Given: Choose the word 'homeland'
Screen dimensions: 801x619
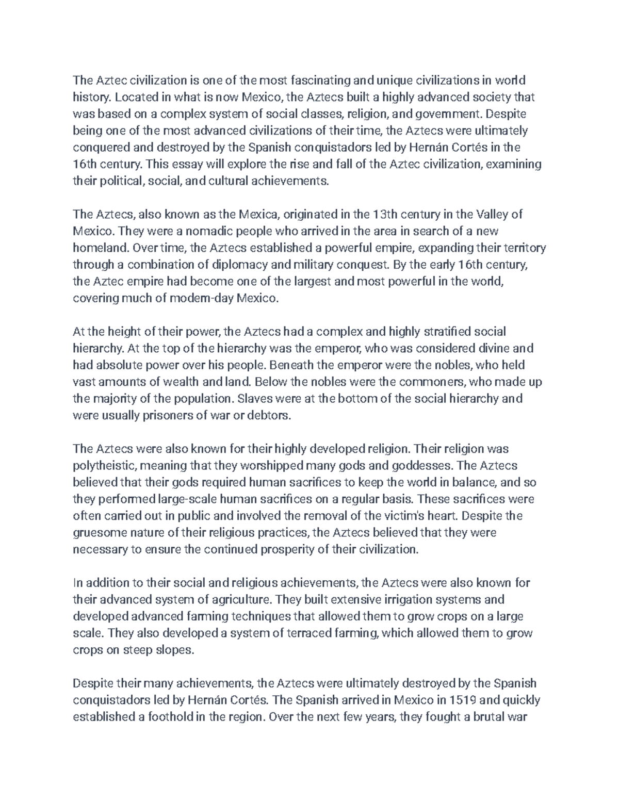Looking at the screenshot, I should pyautogui.click(x=100, y=248).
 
